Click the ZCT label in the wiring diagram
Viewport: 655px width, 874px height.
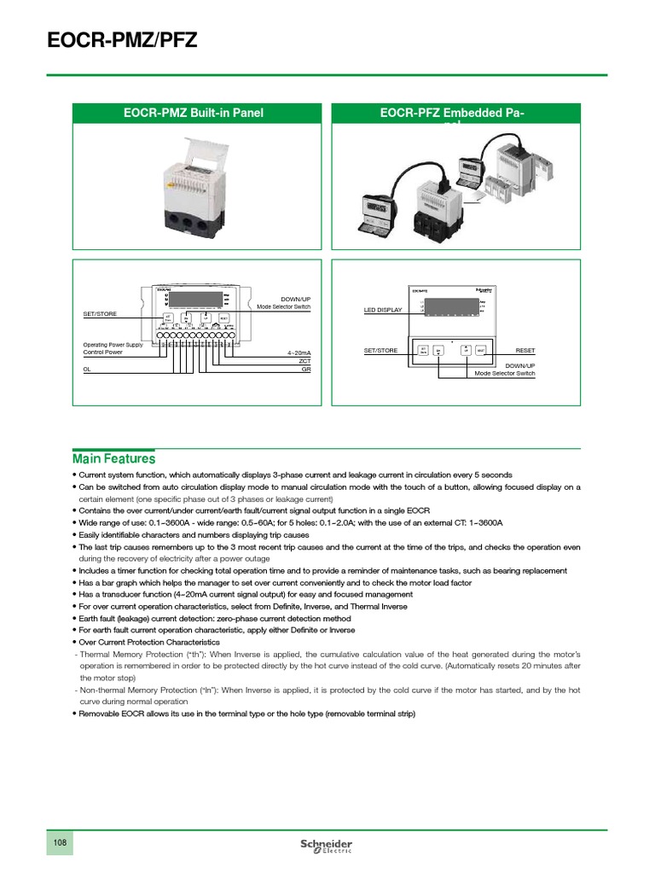point(304,361)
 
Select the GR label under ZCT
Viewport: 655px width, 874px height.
point(306,370)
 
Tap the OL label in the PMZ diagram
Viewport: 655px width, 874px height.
point(87,370)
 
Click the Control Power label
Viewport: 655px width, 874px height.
point(102,352)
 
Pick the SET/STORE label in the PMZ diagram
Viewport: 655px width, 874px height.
point(100,314)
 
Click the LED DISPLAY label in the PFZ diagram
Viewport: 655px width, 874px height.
point(382,310)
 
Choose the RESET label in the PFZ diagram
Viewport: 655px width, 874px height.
point(525,350)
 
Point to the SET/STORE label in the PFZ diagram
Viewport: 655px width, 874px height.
point(380,350)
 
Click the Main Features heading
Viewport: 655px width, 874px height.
point(113,458)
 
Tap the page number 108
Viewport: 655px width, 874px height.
point(61,842)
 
